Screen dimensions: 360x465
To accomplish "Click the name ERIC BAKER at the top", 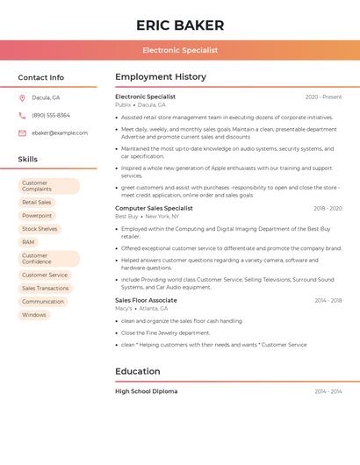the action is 180,25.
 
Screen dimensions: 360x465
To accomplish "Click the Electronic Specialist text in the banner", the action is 180,51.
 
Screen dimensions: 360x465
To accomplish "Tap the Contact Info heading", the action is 40,77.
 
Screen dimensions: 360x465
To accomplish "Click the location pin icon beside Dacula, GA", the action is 22,97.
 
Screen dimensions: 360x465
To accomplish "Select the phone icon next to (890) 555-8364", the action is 22,115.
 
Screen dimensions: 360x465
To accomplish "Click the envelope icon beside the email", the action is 22,133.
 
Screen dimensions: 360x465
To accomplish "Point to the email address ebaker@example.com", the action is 60,133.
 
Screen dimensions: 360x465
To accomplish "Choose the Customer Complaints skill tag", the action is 49,186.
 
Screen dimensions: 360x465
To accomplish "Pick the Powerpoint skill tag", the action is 37,215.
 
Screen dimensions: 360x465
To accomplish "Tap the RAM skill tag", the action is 29,242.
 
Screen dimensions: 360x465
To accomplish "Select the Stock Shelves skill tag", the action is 40,229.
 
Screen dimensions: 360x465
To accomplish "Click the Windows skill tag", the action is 34,315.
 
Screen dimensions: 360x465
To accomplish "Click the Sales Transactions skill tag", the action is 46,288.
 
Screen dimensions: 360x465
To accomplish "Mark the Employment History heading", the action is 161,77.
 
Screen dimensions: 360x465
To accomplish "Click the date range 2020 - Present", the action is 323,97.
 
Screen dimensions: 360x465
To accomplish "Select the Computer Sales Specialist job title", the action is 154,209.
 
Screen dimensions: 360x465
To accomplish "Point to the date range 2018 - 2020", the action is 328,209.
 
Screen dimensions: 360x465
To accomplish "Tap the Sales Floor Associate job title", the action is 146,300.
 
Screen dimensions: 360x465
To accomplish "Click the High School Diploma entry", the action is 146,391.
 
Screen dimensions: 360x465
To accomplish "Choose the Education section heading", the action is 138,371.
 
